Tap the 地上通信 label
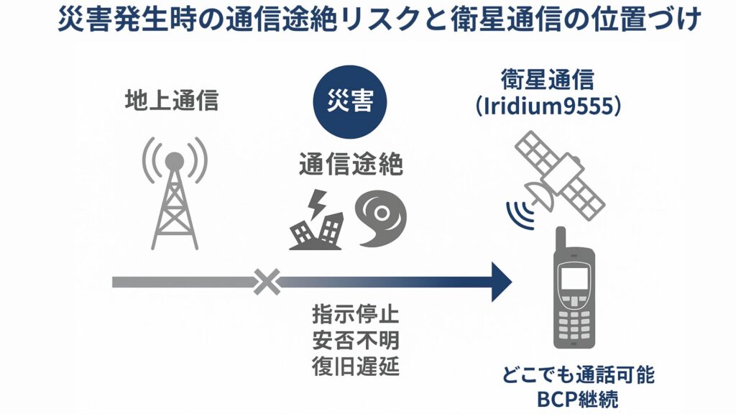pyautogui.click(x=170, y=101)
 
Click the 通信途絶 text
pyautogui.click(x=350, y=165)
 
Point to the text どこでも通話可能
pyautogui.click(x=579, y=375)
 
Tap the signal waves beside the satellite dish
pyautogui.click(x=520, y=212)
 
